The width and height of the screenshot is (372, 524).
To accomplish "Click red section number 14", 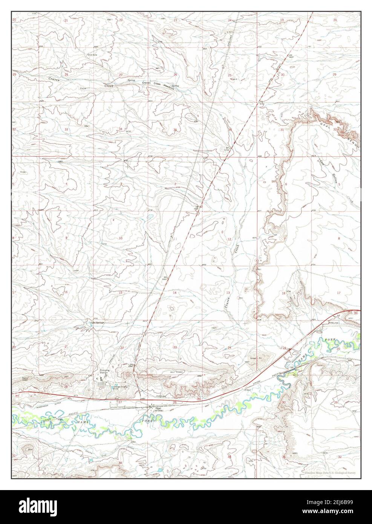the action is [175, 293].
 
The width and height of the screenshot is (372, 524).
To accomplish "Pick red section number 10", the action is [121, 238].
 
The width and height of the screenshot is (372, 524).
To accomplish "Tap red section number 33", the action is [66, 129].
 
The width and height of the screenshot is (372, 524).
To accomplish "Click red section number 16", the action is [66, 292].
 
